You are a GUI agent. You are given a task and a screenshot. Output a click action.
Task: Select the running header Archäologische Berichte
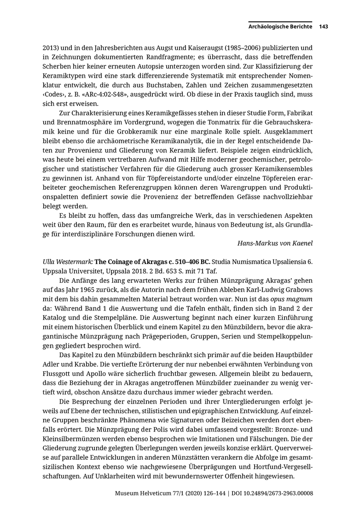[280, 27]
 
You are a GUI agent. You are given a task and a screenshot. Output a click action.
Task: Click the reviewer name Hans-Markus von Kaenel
[275, 243]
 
